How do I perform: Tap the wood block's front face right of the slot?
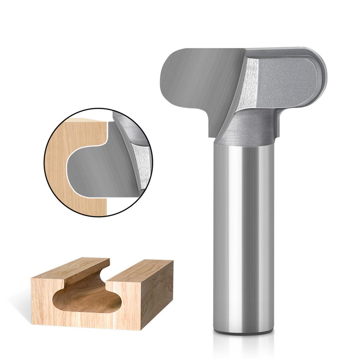pyautogui.click(x=130, y=306)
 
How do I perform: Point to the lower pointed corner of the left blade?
pyautogui.click(x=213, y=135)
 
